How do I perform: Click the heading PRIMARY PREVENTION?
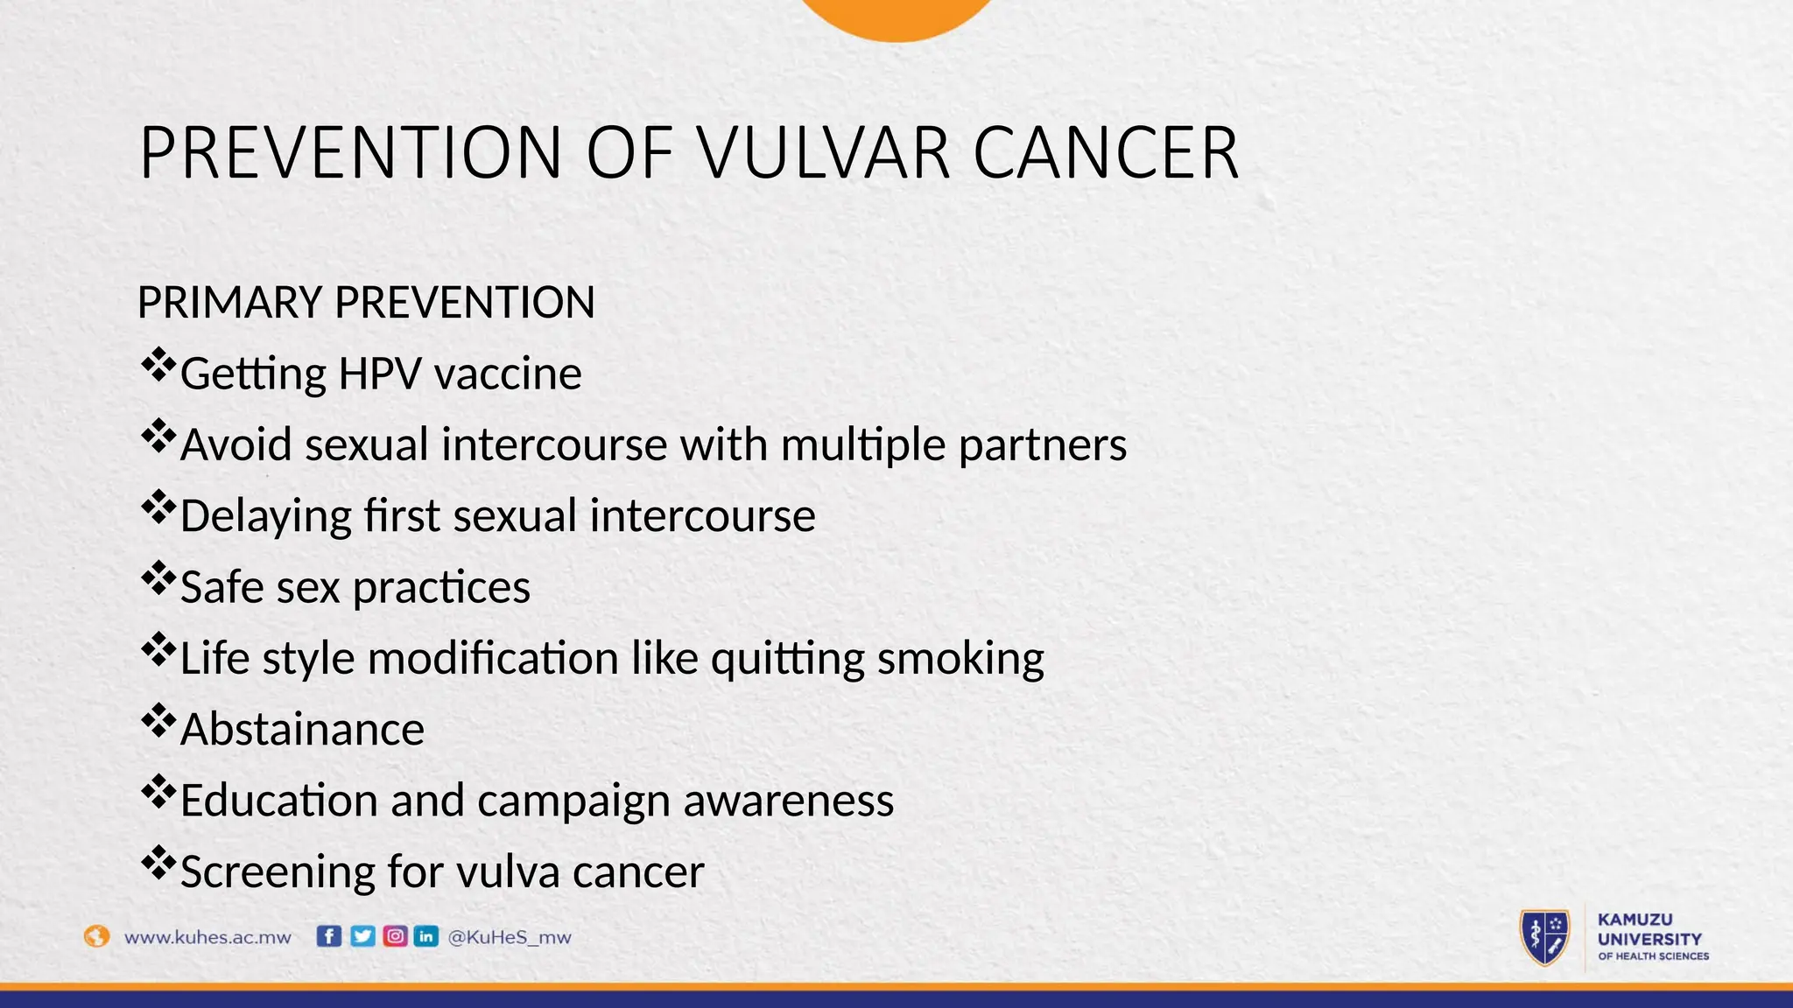pos(366,303)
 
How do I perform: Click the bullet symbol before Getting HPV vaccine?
pos(158,365)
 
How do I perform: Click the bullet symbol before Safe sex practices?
pos(158,578)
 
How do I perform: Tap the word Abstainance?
pos(302,730)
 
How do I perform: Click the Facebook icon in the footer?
pos(328,936)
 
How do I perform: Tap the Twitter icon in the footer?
pos(362,936)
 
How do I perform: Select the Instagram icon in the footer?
pos(395,936)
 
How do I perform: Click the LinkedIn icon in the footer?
pos(426,936)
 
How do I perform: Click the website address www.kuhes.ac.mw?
pos(207,937)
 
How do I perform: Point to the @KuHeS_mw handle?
pos(509,937)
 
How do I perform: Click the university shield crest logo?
pos(1544,937)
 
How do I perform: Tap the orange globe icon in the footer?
pos(96,936)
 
